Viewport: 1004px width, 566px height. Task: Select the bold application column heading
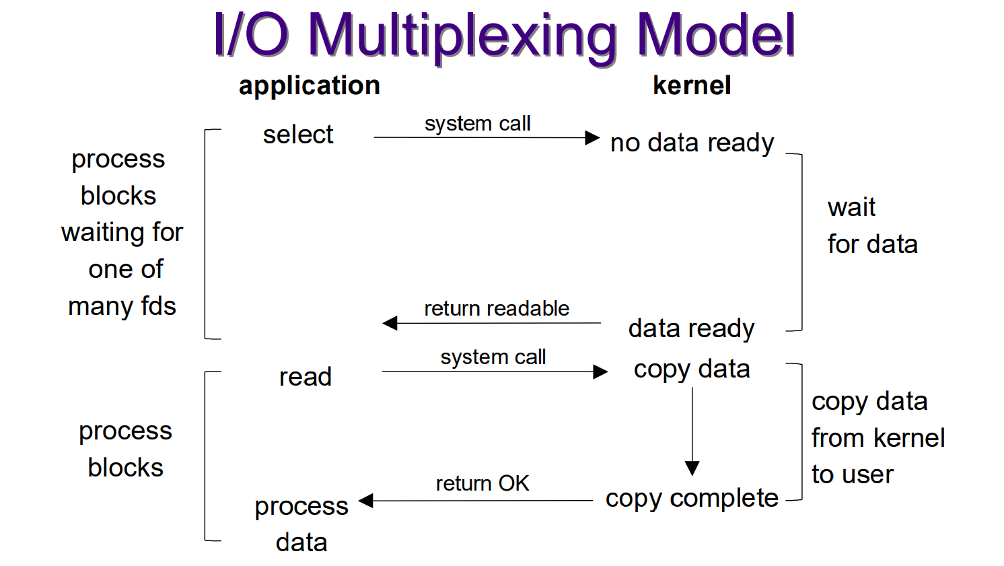pyautogui.click(x=310, y=87)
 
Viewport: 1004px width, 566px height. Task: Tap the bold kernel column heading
pyautogui.click(x=692, y=85)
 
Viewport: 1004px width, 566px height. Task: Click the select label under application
pyautogui.click(x=298, y=135)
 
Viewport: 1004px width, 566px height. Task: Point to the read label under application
pyautogui.click(x=306, y=376)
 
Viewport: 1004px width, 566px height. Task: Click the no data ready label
pyautogui.click(x=692, y=143)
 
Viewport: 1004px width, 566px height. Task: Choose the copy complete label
pyautogui.click(x=692, y=499)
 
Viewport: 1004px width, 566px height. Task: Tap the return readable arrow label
pyautogui.click(x=497, y=309)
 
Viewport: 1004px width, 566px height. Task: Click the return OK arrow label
pyautogui.click(x=482, y=483)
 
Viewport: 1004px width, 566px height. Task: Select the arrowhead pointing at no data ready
pyautogui.click(x=592, y=137)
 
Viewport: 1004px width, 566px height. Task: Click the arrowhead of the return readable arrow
pyautogui.click(x=390, y=322)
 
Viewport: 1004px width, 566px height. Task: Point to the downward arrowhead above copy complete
pyautogui.click(x=692, y=468)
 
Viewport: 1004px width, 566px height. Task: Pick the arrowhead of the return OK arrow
pyautogui.click(x=366, y=501)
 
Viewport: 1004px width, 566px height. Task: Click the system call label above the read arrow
pyautogui.click(x=493, y=357)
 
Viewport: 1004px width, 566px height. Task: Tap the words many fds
pyautogui.click(x=122, y=307)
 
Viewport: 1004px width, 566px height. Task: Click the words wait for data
pyautogui.click(x=872, y=226)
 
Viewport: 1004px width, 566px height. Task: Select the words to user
pyautogui.click(x=853, y=474)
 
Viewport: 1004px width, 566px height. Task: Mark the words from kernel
pyautogui.click(x=878, y=438)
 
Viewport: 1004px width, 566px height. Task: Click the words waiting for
pyautogui.click(x=122, y=233)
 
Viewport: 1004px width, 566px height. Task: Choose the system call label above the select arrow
pyautogui.click(x=478, y=124)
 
